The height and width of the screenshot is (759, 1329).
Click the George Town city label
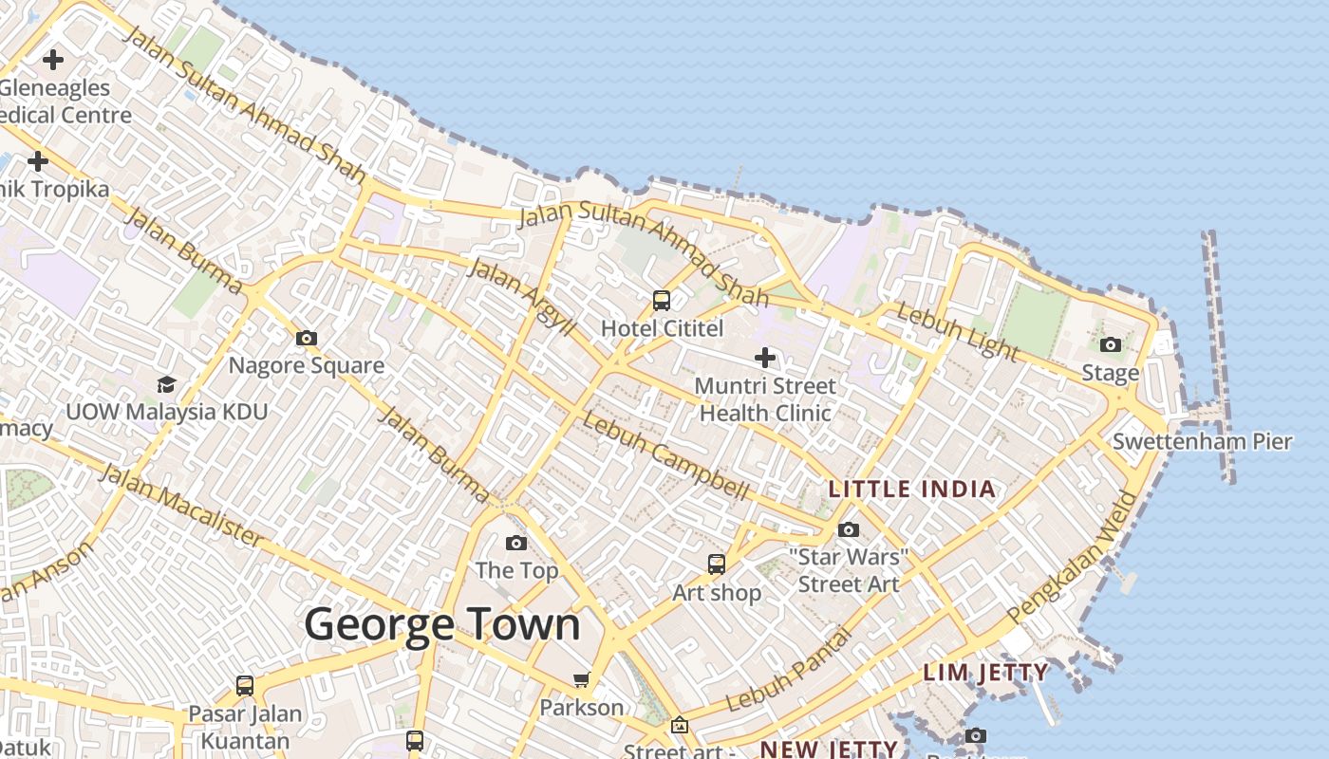point(442,625)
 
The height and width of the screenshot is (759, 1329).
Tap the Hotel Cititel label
point(663,329)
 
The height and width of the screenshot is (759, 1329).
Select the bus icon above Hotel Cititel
point(662,301)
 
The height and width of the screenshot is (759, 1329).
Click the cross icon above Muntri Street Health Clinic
point(765,358)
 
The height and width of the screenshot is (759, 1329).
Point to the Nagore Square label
point(307,365)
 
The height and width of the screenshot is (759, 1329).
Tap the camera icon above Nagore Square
point(306,338)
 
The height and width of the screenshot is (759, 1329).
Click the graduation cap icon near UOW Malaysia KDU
point(167,384)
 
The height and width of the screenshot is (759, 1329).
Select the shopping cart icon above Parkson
point(581,679)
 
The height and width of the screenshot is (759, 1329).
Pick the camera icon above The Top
point(516,543)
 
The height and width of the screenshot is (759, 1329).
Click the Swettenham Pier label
point(1202,441)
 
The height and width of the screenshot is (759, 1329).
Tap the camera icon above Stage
point(1111,344)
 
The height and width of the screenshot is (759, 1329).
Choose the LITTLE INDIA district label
point(912,490)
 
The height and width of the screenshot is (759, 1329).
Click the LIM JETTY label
point(985,673)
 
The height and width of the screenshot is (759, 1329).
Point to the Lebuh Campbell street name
point(666,455)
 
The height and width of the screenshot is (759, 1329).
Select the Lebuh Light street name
point(957,332)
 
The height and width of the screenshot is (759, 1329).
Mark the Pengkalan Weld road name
point(1074,558)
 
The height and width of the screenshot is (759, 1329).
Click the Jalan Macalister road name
point(181,506)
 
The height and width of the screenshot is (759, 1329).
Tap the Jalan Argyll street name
point(523,296)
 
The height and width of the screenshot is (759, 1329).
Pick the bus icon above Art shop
point(717,565)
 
